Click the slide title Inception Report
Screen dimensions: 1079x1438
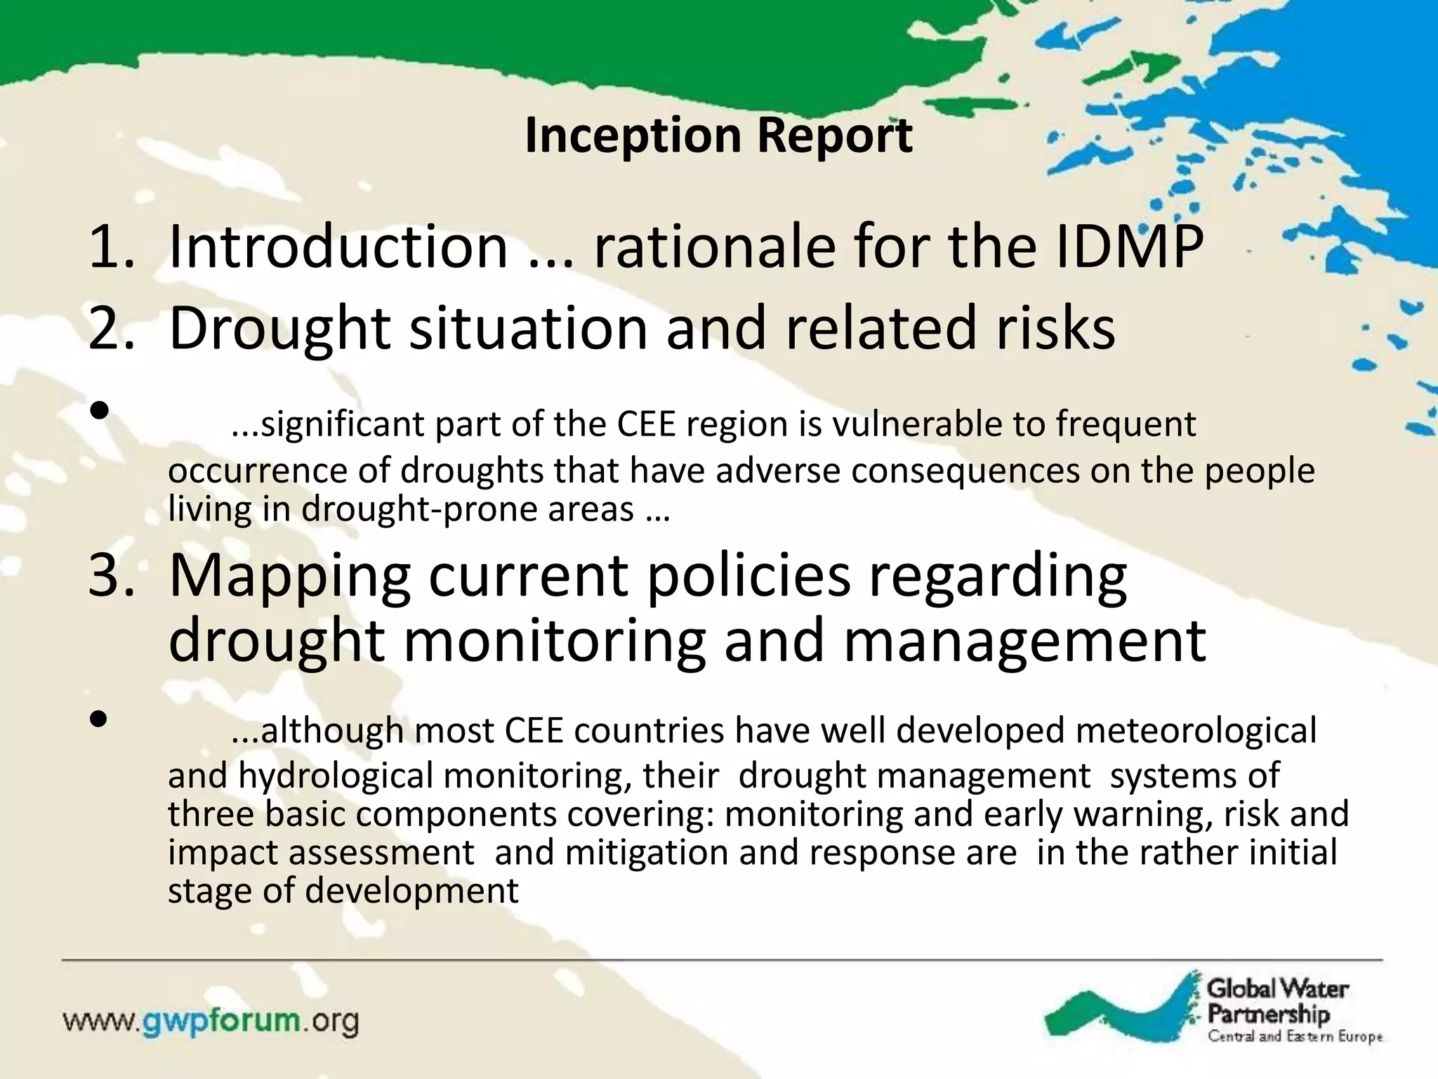click(x=718, y=135)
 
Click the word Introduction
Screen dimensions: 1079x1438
click(x=338, y=247)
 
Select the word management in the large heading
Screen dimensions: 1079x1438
click(x=1024, y=641)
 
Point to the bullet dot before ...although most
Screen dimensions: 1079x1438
click(x=99, y=718)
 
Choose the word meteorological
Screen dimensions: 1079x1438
click(x=1196, y=731)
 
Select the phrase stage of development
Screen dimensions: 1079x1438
click(x=343, y=891)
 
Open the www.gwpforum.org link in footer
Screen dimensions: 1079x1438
click(x=211, y=1021)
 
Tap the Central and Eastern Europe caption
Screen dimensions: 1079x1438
click(x=1294, y=1036)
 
